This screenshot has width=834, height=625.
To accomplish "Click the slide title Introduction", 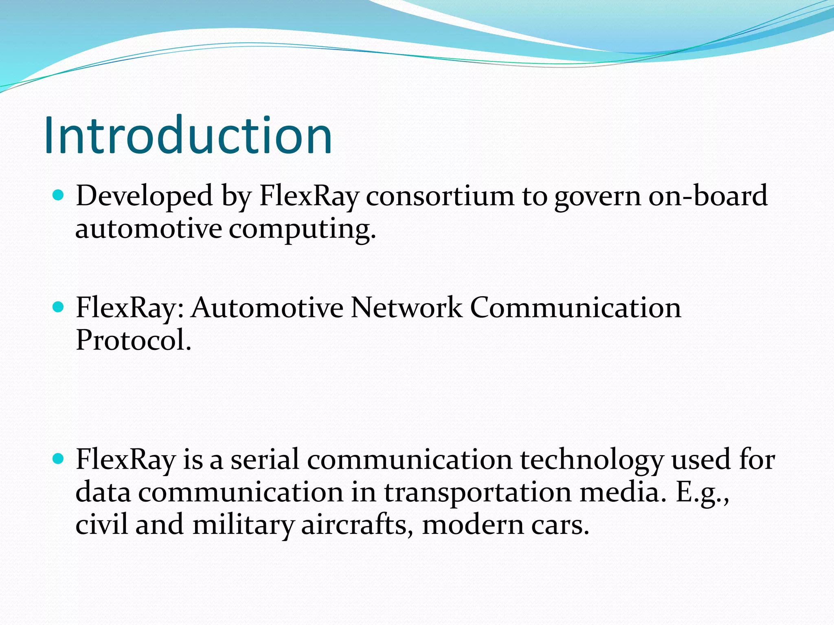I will [x=188, y=135].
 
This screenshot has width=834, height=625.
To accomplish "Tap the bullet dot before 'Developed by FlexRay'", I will [x=59, y=196].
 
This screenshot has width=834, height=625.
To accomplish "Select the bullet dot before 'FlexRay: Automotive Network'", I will [x=59, y=307].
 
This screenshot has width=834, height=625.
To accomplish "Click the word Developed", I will [x=144, y=196].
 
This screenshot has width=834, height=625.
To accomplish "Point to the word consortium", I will [x=440, y=196].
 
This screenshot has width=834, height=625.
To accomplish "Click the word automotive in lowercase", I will [x=149, y=229].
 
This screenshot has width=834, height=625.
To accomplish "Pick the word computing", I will [x=302, y=229].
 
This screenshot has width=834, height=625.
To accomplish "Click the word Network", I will [x=406, y=308].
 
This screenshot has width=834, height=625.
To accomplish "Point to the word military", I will [x=243, y=525].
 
